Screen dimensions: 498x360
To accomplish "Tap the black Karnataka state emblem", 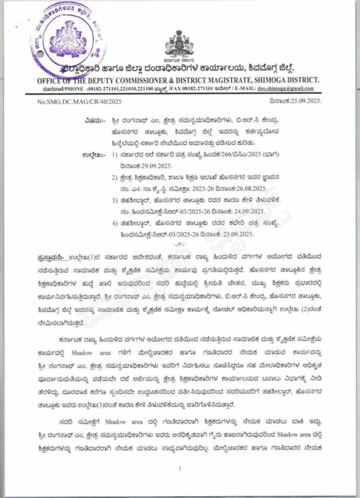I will point(180,44).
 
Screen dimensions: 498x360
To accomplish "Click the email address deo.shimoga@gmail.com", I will point(292,89).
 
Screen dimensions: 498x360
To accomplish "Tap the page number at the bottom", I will point(180,468).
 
